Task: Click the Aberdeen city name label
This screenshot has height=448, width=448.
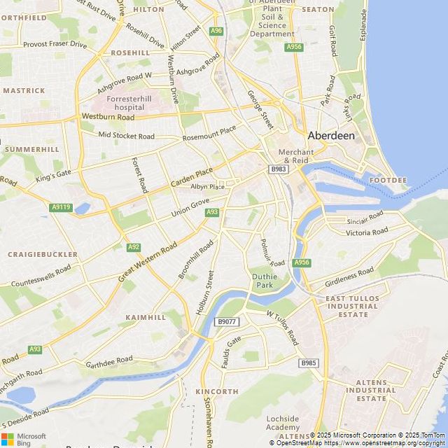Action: click(x=332, y=135)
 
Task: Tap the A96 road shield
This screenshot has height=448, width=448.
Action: click(x=216, y=31)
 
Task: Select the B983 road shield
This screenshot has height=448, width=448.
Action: click(x=279, y=169)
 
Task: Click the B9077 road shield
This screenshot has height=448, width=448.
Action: click(x=227, y=322)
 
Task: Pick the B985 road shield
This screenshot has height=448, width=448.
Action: click(x=309, y=363)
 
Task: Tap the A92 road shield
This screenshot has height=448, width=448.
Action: click(x=134, y=247)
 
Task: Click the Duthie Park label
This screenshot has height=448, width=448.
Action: click(x=263, y=281)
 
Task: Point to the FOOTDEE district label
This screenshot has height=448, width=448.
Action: click(x=388, y=181)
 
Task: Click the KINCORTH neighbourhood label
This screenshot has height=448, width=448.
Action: click(x=217, y=391)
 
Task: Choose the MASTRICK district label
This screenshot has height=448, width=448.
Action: click(x=24, y=90)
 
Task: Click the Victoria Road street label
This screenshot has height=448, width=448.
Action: click(x=367, y=232)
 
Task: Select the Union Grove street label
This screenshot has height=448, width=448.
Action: click(x=190, y=206)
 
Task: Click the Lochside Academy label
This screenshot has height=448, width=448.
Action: click(x=283, y=423)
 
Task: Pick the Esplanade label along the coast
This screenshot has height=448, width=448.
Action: click(x=363, y=24)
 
